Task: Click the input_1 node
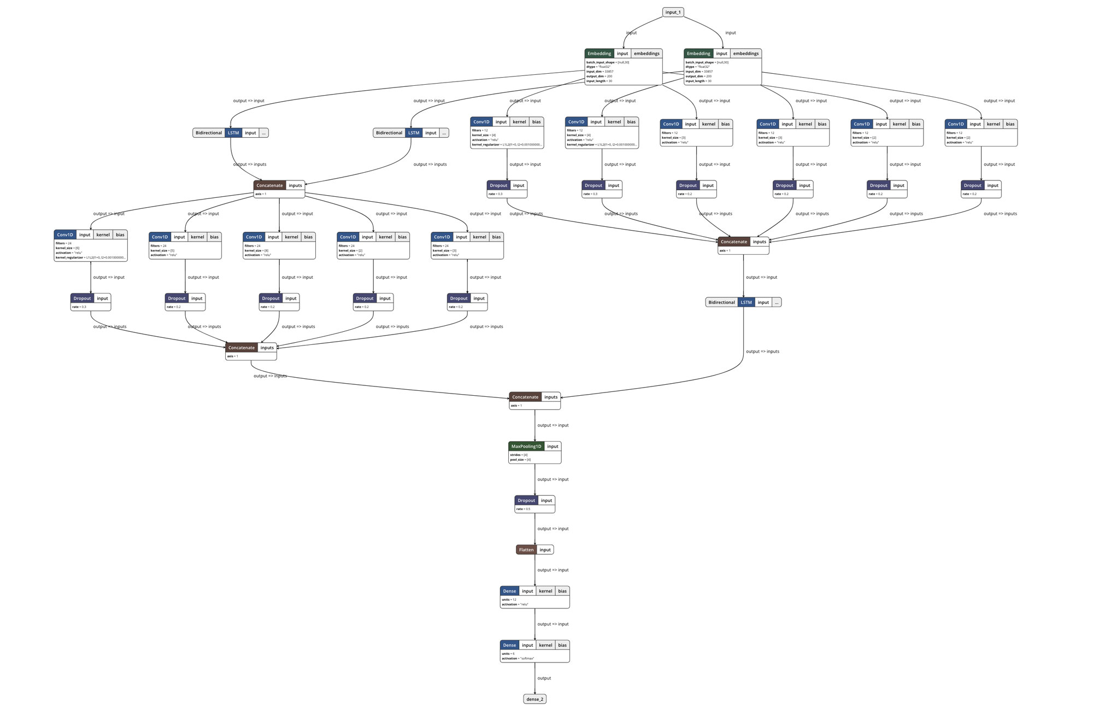tap(673, 12)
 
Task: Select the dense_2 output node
tap(534, 699)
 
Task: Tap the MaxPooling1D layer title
tap(526, 447)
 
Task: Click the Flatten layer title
tap(526, 550)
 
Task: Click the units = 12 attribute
tap(509, 600)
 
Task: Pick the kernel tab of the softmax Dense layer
tap(545, 645)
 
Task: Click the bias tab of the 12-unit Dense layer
tap(562, 591)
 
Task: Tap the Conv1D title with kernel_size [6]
tap(64, 235)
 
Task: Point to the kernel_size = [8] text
tap(256, 250)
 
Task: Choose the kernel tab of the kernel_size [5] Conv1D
tap(197, 237)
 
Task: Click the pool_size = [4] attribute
tap(520, 460)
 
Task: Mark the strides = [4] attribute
tap(519, 455)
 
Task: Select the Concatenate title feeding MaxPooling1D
tap(525, 397)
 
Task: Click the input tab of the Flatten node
tap(545, 550)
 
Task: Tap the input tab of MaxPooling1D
tap(553, 447)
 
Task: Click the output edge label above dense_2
tap(544, 678)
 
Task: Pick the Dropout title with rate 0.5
tap(526, 501)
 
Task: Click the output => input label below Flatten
tap(553, 570)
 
